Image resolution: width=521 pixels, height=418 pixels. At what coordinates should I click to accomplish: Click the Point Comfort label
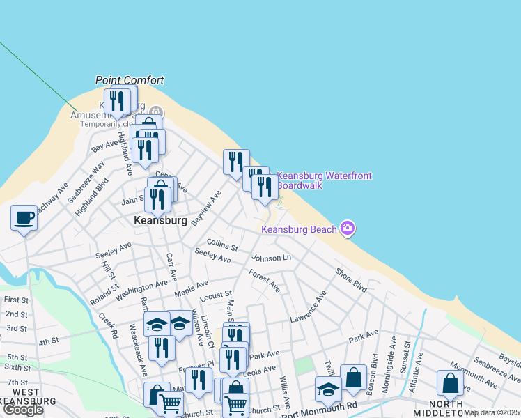coord(130,80)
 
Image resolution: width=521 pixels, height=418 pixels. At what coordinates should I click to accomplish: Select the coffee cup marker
coord(24,217)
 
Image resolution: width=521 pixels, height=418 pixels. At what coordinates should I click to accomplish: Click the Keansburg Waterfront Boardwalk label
coord(324,180)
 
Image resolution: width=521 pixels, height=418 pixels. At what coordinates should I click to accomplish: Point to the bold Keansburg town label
coord(160,220)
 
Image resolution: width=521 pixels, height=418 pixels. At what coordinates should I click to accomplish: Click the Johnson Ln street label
coord(271,258)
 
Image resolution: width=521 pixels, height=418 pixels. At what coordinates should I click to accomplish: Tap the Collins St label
coord(222,245)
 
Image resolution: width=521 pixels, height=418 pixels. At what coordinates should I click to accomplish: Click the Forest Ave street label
coord(264,281)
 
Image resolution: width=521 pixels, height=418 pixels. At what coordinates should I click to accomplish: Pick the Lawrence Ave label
coord(308,307)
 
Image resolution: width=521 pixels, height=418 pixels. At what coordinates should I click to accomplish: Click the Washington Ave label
coord(142,289)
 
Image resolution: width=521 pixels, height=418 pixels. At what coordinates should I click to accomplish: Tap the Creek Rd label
coord(108,326)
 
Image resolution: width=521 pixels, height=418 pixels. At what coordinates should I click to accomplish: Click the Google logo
coord(23,410)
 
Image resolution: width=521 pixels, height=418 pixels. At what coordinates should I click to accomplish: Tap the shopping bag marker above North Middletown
coord(450,382)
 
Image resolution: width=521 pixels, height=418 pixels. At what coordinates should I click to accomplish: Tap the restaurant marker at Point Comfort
coord(117,102)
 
